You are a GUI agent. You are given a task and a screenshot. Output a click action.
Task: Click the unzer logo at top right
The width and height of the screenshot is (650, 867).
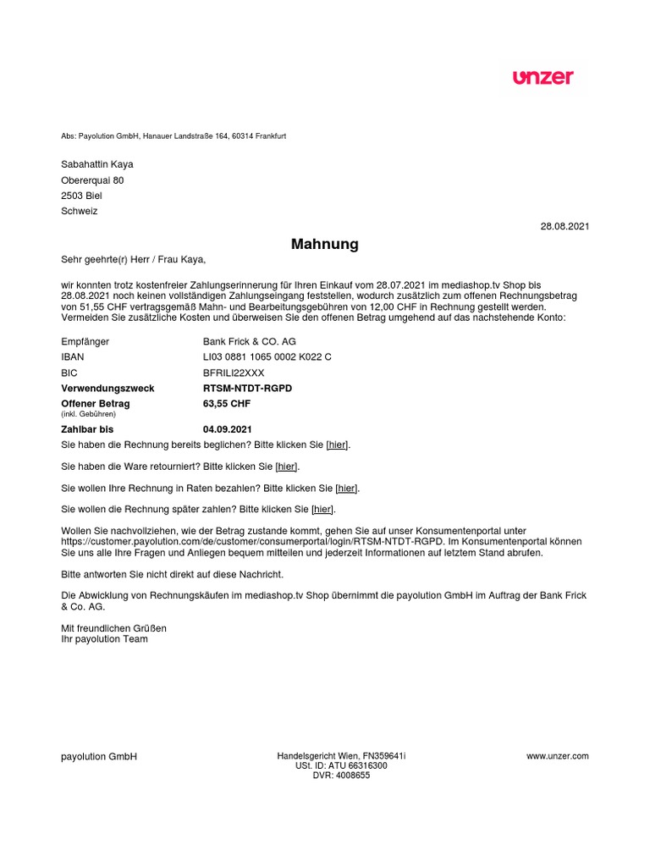[543, 77]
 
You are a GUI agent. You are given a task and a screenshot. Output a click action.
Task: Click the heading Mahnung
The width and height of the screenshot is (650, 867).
[325, 245]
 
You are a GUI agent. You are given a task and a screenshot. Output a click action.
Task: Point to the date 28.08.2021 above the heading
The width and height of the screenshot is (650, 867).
[565, 226]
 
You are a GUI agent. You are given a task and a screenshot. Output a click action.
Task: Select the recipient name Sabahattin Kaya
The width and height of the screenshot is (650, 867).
[97, 164]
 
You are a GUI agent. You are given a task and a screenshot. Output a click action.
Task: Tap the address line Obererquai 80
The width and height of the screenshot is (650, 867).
[92, 180]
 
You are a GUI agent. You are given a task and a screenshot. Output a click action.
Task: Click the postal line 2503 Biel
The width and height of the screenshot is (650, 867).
[81, 196]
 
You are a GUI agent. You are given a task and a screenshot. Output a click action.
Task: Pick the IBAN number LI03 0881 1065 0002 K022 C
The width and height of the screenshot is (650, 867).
[267, 357]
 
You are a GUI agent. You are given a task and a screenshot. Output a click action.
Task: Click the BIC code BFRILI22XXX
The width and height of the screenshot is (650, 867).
[234, 373]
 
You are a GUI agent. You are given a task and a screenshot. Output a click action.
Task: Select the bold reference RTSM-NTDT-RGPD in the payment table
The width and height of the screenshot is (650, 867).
[247, 388]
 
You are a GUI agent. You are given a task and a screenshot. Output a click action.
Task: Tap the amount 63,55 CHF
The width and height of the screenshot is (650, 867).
[227, 404]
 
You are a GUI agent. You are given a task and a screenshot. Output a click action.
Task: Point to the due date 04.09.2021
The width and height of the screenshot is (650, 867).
[228, 430]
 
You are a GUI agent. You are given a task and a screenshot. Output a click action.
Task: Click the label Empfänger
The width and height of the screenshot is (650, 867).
[85, 341]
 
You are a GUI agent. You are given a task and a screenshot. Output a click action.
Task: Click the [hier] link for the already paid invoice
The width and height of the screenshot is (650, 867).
[338, 445]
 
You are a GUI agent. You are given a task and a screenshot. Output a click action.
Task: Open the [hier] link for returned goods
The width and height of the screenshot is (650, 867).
[287, 467]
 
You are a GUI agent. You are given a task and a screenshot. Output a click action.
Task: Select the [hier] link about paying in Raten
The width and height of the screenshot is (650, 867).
[347, 489]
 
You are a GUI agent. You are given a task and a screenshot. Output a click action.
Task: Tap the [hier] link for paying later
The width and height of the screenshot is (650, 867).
[322, 510]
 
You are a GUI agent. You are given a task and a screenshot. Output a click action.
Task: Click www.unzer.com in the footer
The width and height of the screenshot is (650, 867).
[557, 756]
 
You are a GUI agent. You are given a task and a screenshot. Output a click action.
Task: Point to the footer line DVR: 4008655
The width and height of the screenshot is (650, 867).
[341, 776]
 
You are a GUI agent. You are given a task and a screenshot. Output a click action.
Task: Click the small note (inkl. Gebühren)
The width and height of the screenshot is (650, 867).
[88, 414]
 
